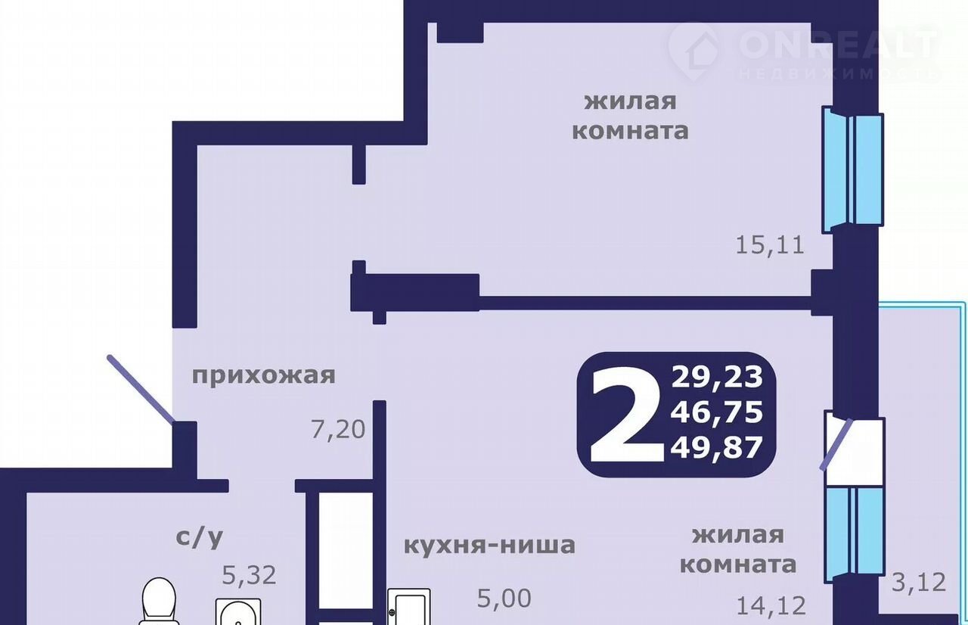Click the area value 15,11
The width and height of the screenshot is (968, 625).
(770, 245)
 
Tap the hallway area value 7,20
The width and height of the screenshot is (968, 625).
(338, 430)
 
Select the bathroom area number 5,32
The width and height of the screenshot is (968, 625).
(249, 575)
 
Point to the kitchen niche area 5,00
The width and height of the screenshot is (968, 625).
(504, 599)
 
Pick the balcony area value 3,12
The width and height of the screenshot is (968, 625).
(919, 582)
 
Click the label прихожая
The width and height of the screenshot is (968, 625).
(264, 375)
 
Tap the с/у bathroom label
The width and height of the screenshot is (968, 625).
(200, 537)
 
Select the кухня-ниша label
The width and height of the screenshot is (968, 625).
(489, 545)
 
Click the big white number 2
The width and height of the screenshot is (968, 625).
(627, 415)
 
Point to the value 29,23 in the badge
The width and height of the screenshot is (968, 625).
(716, 377)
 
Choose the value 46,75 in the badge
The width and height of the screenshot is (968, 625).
(716, 412)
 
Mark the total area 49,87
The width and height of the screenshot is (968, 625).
(716, 447)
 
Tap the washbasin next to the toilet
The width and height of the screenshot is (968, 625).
(238, 612)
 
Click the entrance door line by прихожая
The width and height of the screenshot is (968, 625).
(141, 389)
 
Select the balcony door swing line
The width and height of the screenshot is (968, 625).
(836, 444)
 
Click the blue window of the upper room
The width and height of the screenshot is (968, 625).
(852, 169)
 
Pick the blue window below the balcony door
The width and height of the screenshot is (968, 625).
(855, 536)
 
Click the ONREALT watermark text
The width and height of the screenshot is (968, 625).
(836, 43)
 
